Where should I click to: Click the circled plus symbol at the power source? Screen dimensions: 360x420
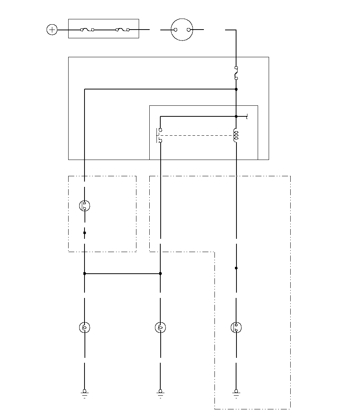pos(52,30)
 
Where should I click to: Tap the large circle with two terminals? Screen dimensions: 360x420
pos(182,30)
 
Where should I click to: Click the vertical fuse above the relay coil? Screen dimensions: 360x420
pos(236,73)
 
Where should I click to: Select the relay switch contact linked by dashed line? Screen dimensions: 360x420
pos(160,135)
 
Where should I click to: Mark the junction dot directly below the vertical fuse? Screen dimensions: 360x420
pos(236,89)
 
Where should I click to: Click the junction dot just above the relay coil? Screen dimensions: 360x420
pos(236,116)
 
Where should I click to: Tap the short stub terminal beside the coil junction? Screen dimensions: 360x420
pos(246,116)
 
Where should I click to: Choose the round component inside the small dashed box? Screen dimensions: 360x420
pos(85,206)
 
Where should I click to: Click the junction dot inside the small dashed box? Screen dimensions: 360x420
pos(85,233)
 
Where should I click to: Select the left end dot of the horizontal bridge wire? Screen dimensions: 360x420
pos(85,273)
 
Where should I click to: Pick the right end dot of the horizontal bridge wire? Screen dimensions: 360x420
pos(160,273)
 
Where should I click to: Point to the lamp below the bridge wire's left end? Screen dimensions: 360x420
pos(85,327)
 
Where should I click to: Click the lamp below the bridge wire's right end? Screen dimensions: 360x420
pos(160,327)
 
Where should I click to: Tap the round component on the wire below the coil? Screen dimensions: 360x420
pos(236,327)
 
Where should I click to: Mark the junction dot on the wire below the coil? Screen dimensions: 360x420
pos(236,268)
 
